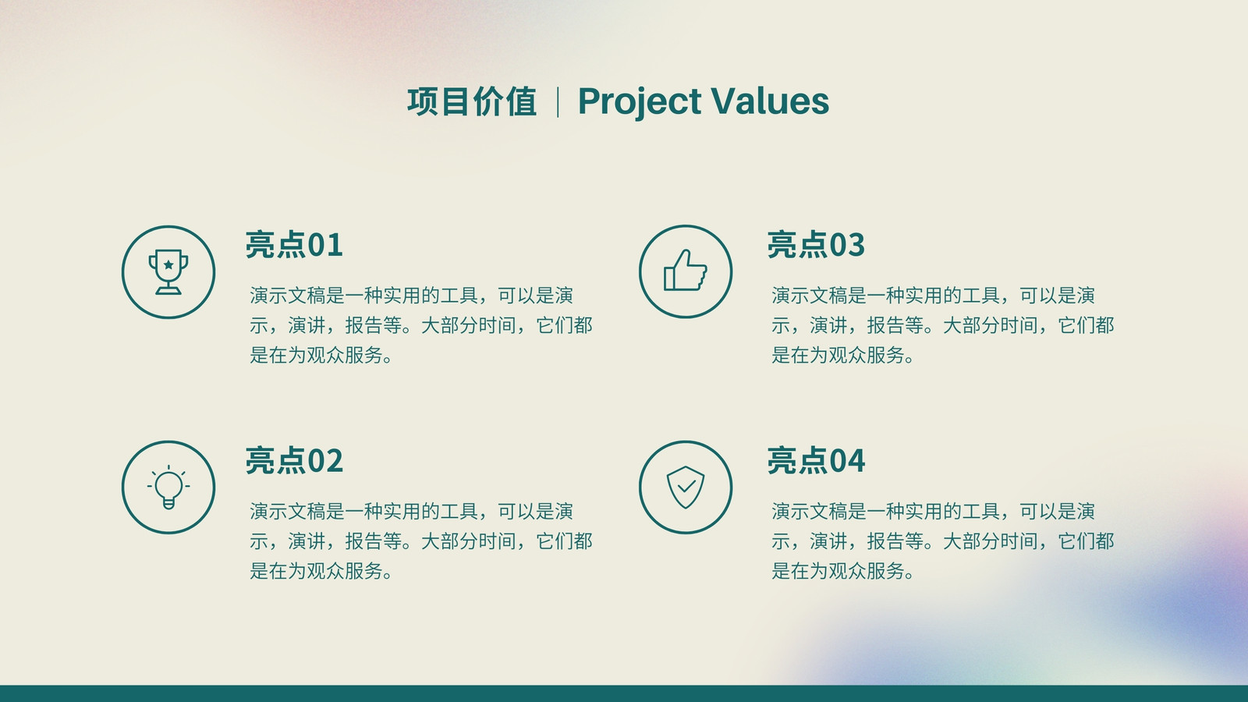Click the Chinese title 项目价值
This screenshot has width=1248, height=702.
point(472,101)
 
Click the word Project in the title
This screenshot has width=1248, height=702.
point(640,102)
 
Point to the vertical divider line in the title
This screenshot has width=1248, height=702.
point(558,102)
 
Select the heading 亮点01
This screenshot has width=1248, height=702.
point(294,245)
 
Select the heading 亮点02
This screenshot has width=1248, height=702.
point(294,460)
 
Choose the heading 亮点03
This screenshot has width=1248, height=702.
point(816,245)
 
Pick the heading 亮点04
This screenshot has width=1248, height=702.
point(816,460)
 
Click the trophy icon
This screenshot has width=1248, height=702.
point(168,272)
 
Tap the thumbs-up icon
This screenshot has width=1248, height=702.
point(686,270)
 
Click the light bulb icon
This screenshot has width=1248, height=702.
point(168,487)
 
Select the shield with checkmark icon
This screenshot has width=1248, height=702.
point(686,487)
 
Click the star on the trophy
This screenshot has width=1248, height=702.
point(168,264)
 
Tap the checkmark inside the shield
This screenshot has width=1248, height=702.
point(686,487)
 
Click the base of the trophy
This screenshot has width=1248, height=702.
point(168,289)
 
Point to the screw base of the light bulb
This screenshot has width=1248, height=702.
point(168,504)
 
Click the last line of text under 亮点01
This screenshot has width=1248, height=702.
point(321,355)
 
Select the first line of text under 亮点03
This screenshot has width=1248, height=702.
point(933,296)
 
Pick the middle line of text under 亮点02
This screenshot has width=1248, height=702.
point(420,541)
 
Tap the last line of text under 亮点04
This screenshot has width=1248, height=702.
point(843,570)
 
